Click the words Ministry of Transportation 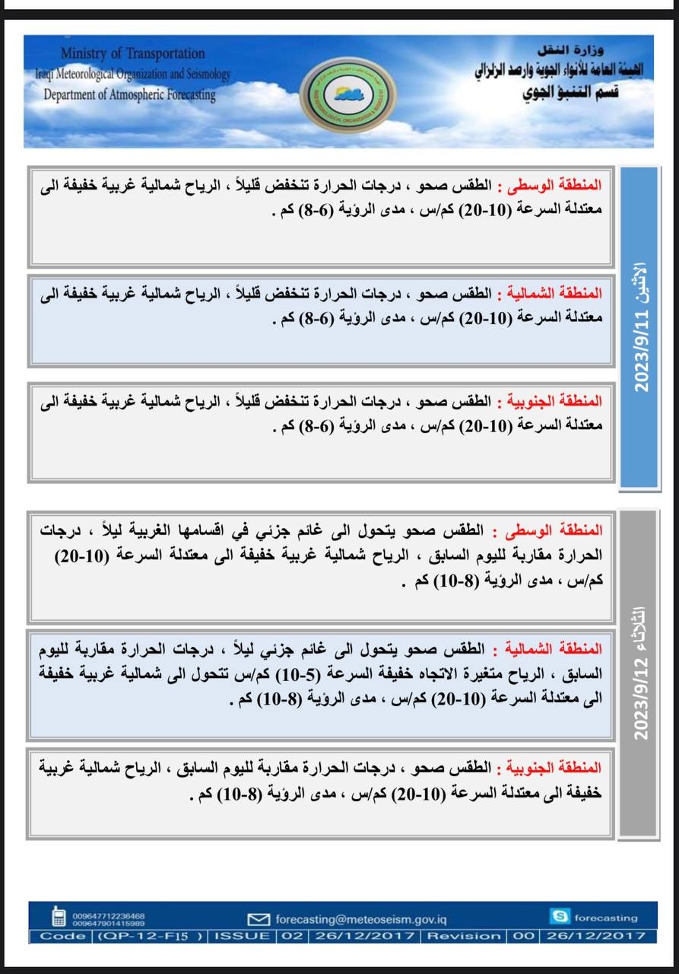[x=132, y=54]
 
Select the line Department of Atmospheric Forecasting [x=129, y=95]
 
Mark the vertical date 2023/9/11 [x=641, y=350]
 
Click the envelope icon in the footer [x=259, y=919]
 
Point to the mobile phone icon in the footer [x=59, y=917]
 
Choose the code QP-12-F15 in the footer [x=150, y=935]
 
